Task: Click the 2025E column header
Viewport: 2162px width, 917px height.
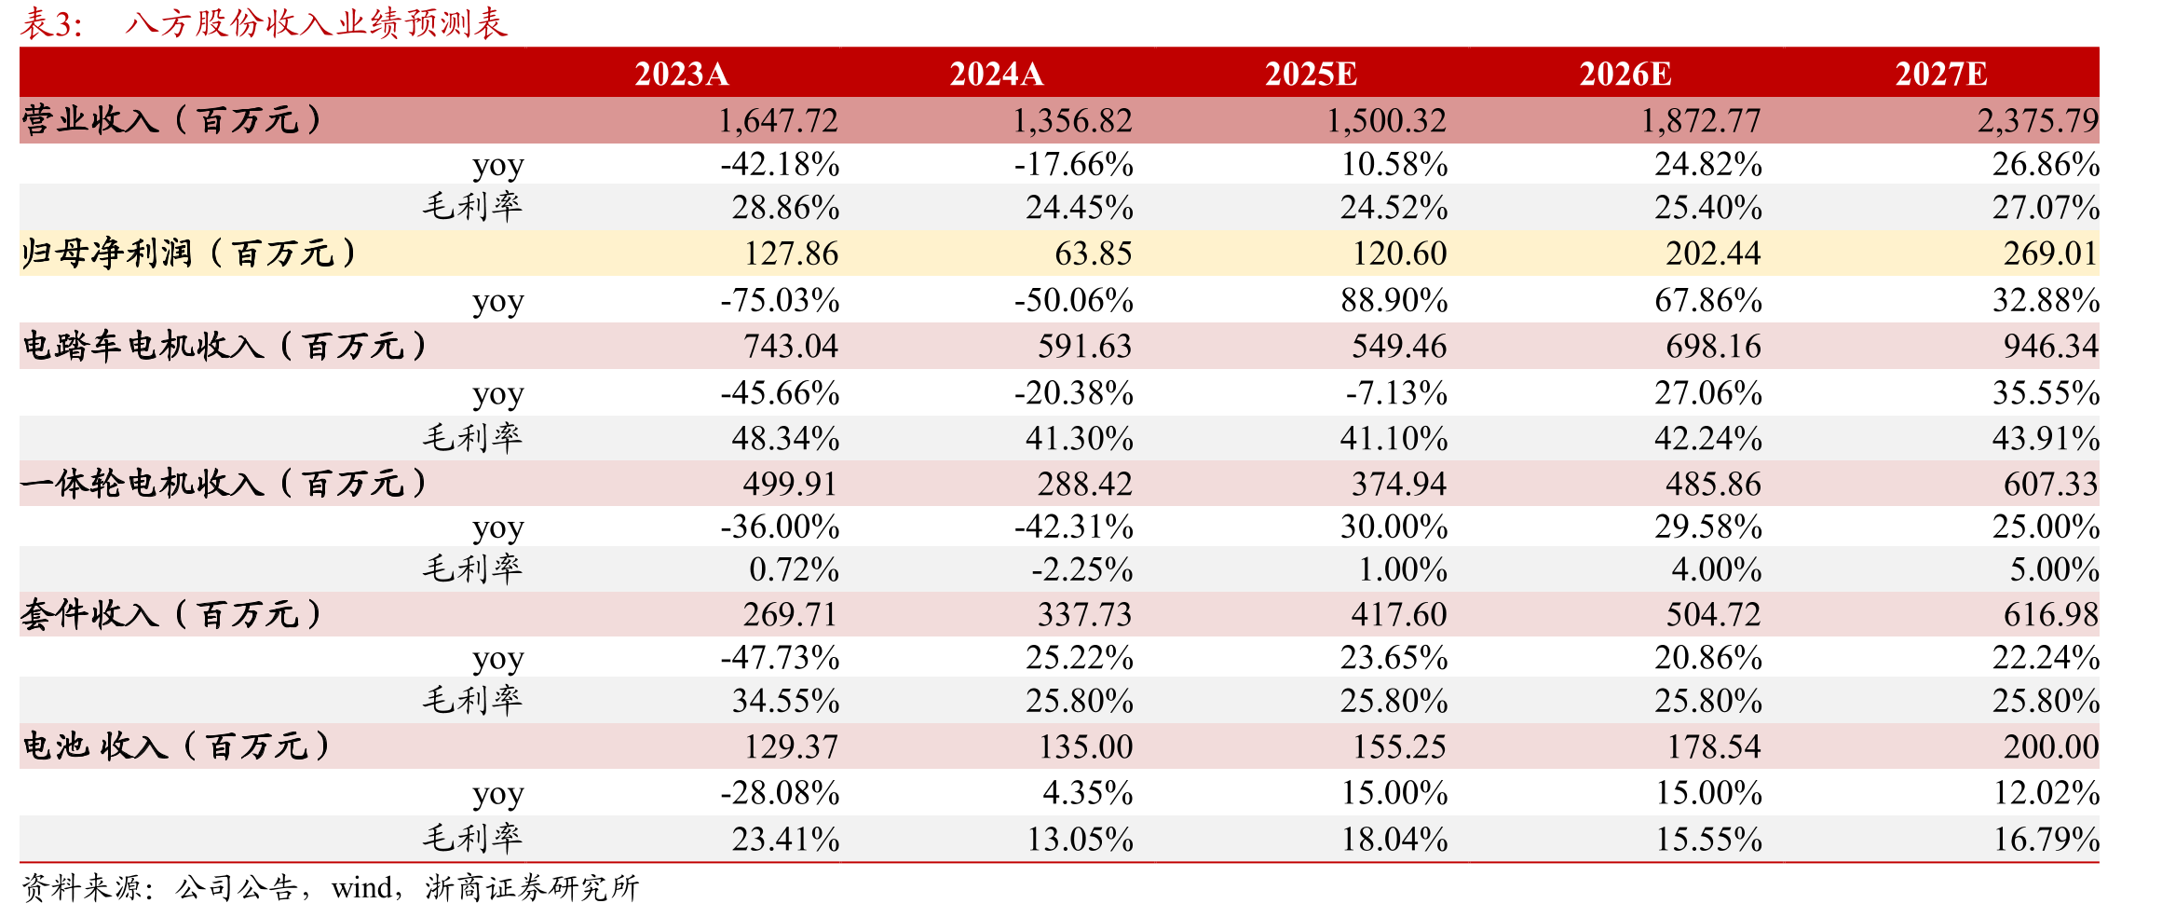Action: point(1311,74)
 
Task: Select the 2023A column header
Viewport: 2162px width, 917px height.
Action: point(681,74)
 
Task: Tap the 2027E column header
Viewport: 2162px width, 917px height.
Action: point(1941,74)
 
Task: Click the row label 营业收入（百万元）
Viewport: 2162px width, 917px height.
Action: point(172,120)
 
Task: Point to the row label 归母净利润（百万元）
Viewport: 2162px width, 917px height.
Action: point(190,253)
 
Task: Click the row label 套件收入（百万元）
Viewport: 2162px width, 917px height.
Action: point(172,614)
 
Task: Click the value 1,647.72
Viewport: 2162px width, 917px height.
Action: point(778,121)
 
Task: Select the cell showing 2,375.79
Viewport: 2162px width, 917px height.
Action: point(2038,121)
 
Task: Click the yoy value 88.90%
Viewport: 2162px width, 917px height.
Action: point(1394,300)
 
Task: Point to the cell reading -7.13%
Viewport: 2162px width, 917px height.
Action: point(1396,392)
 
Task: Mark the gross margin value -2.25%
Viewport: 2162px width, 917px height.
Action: point(1082,569)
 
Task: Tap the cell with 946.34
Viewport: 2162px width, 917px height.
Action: point(2051,346)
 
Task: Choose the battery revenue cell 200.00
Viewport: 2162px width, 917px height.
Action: point(2051,746)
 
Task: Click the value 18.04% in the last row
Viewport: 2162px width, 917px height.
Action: point(1394,840)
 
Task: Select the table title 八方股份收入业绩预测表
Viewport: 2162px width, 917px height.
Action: point(316,22)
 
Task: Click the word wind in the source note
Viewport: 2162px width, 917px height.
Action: point(361,888)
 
